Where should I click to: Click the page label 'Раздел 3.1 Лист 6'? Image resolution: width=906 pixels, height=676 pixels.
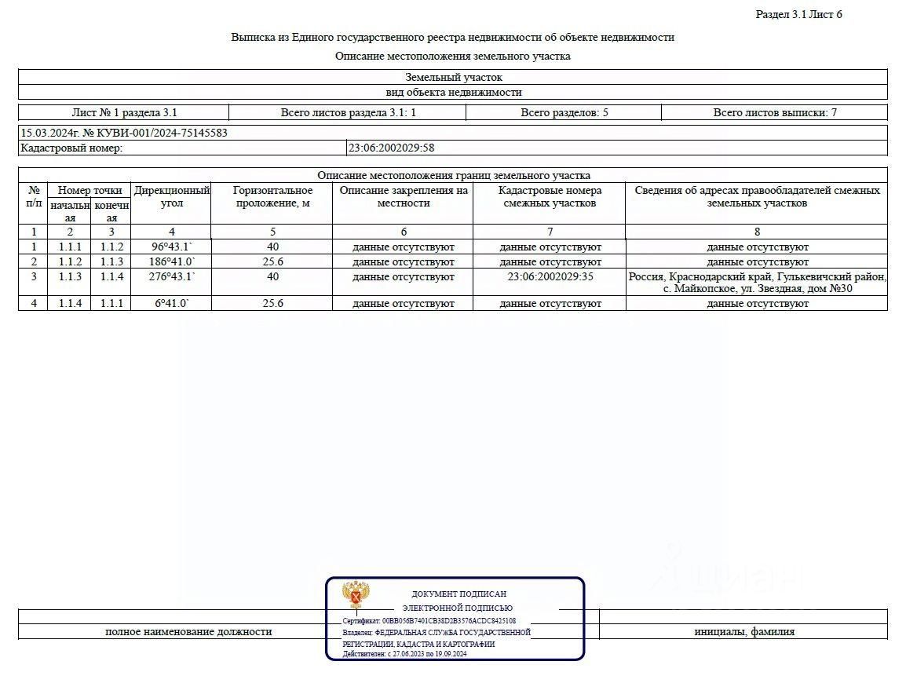(798, 14)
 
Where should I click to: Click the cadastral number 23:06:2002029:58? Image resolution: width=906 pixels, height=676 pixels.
(390, 148)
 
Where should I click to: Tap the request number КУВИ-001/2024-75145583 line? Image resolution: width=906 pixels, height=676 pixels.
(124, 133)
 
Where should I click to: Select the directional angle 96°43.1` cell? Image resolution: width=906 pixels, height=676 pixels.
(171, 247)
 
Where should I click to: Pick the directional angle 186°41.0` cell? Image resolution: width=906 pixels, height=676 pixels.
(171, 261)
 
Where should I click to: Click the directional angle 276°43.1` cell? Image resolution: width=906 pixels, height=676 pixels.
(171, 276)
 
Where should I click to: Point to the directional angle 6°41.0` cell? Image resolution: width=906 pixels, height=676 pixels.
(171, 303)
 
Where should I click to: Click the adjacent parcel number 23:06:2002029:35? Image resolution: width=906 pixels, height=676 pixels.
(549, 276)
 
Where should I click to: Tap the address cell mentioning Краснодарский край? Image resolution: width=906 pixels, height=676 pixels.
(757, 283)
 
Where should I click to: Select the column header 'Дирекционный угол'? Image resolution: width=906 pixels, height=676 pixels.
(171, 196)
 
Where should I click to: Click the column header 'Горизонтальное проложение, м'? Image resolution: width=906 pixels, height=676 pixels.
(272, 196)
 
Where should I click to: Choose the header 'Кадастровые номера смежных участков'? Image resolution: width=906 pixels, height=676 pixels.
(549, 196)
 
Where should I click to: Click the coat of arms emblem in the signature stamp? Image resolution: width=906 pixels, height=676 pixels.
(356, 595)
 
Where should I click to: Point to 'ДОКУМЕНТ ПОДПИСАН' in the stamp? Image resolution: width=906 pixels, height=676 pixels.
(458, 594)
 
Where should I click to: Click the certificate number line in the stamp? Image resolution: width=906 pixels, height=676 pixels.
(429, 620)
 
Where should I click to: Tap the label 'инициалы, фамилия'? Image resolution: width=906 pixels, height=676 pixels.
(743, 631)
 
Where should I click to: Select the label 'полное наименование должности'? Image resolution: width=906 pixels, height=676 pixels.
(188, 631)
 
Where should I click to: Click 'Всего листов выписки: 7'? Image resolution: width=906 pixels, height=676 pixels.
(774, 112)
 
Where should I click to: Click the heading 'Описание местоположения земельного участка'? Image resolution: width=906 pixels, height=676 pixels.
(452, 56)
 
